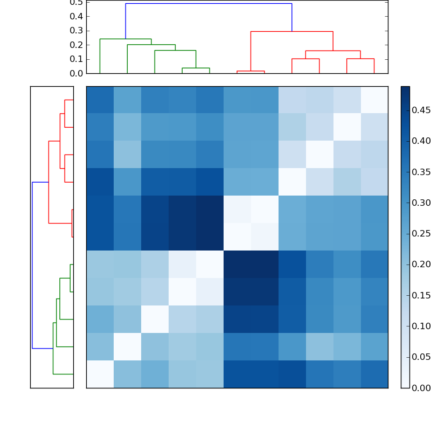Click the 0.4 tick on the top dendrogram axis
(x=77, y=16)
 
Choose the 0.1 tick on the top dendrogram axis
(x=77, y=59)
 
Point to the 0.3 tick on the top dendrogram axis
(x=77, y=30)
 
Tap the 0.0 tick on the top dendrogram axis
(x=77, y=73)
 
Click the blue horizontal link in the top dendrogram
(x=208, y=4)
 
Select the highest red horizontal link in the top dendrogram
(x=291, y=32)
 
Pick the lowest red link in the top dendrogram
(x=251, y=71)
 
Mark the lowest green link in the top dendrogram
(x=196, y=68)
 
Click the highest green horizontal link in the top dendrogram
(x=126, y=39)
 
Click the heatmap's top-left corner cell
(x=100, y=100)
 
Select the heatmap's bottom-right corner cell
(x=374, y=374)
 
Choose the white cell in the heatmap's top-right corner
(x=374, y=100)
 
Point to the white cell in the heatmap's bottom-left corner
(x=100, y=374)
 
